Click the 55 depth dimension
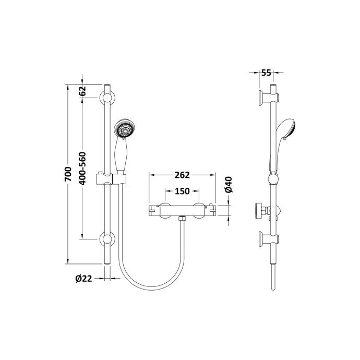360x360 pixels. tap(266, 73)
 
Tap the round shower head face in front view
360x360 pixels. tap(125, 129)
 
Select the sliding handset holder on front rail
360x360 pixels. tap(110, 179)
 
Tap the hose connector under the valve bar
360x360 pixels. tap(181, 219)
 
